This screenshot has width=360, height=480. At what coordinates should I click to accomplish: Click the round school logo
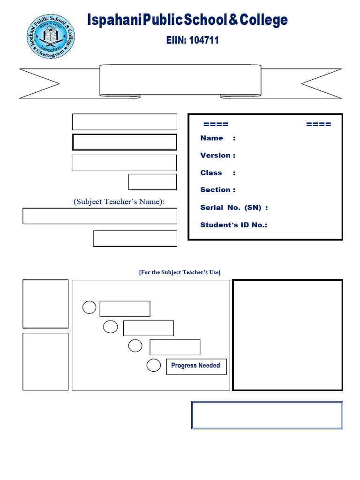tap(50, 37)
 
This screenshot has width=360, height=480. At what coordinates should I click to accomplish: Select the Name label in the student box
tap(212, 138)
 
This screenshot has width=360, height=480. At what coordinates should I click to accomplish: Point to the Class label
tap(211, 173)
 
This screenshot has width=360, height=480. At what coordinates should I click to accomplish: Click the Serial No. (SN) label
tap(234, 208)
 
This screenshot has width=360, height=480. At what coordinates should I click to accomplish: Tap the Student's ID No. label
tap(233, 225)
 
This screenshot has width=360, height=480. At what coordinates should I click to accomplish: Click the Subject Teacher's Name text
tap(119, 202)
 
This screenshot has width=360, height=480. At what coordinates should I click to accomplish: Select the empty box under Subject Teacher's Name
tap(100, 216)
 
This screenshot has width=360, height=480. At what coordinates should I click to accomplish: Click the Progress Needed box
tap(196, 366)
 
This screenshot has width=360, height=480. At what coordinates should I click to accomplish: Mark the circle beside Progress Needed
tap(154, 366)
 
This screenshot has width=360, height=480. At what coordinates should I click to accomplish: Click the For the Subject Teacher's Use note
tap(180, 272)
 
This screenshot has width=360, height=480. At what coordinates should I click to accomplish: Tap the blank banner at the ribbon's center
tap(180, 80)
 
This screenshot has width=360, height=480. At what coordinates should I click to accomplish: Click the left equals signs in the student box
tap(216, 124)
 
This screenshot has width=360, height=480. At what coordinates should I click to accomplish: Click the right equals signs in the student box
tap(318, 124)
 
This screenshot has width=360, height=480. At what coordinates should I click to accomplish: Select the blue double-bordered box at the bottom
tap(267, 415)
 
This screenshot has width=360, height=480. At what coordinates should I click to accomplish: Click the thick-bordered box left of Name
tap(124, 142)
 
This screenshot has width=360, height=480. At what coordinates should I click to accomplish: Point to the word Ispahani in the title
tap(114, 20)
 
